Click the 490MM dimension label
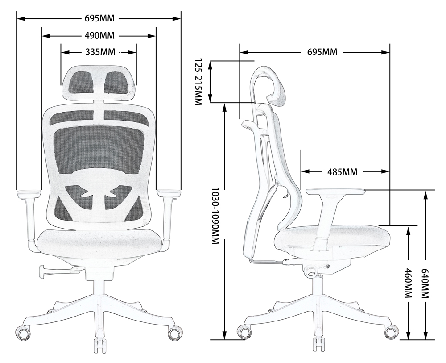(x=99, y=35)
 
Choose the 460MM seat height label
(x=408, y=283)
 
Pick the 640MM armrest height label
(x=426, y=283)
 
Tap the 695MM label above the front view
(x=99, y=19)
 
